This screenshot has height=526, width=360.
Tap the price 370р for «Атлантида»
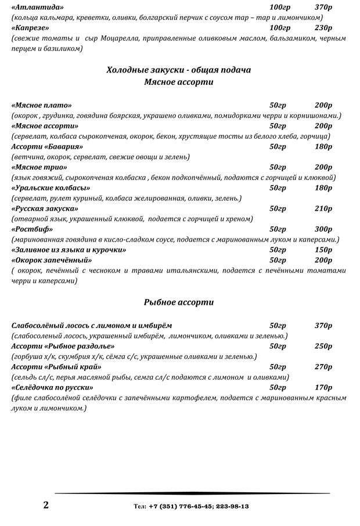point(323,7)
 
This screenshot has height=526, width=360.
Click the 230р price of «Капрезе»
point(323,28)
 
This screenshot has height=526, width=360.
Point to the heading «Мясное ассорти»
point(179,82)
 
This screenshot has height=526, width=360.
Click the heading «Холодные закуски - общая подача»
point(179,70)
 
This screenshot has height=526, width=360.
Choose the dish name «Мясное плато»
point(42,105)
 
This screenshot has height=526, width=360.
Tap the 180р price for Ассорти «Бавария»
point(323,146)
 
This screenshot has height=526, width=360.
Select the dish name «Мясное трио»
point(39,167)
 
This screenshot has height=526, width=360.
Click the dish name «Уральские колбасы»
point(51,188)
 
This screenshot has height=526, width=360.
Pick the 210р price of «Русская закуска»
point(323,208)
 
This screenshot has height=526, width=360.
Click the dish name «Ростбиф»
point(30,229)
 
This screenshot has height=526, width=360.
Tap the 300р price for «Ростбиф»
point(323,229)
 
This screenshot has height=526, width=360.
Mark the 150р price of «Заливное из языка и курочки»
point(323,250)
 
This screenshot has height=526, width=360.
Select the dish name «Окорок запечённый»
point(49,260)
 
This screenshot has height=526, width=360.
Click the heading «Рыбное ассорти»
point(179,302)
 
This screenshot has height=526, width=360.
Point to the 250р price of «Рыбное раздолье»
point(323,346)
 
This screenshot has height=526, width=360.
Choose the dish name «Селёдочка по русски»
point(53,387)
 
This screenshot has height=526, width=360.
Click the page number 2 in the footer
point(46,505)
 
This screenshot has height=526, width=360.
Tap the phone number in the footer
point(191,506)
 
